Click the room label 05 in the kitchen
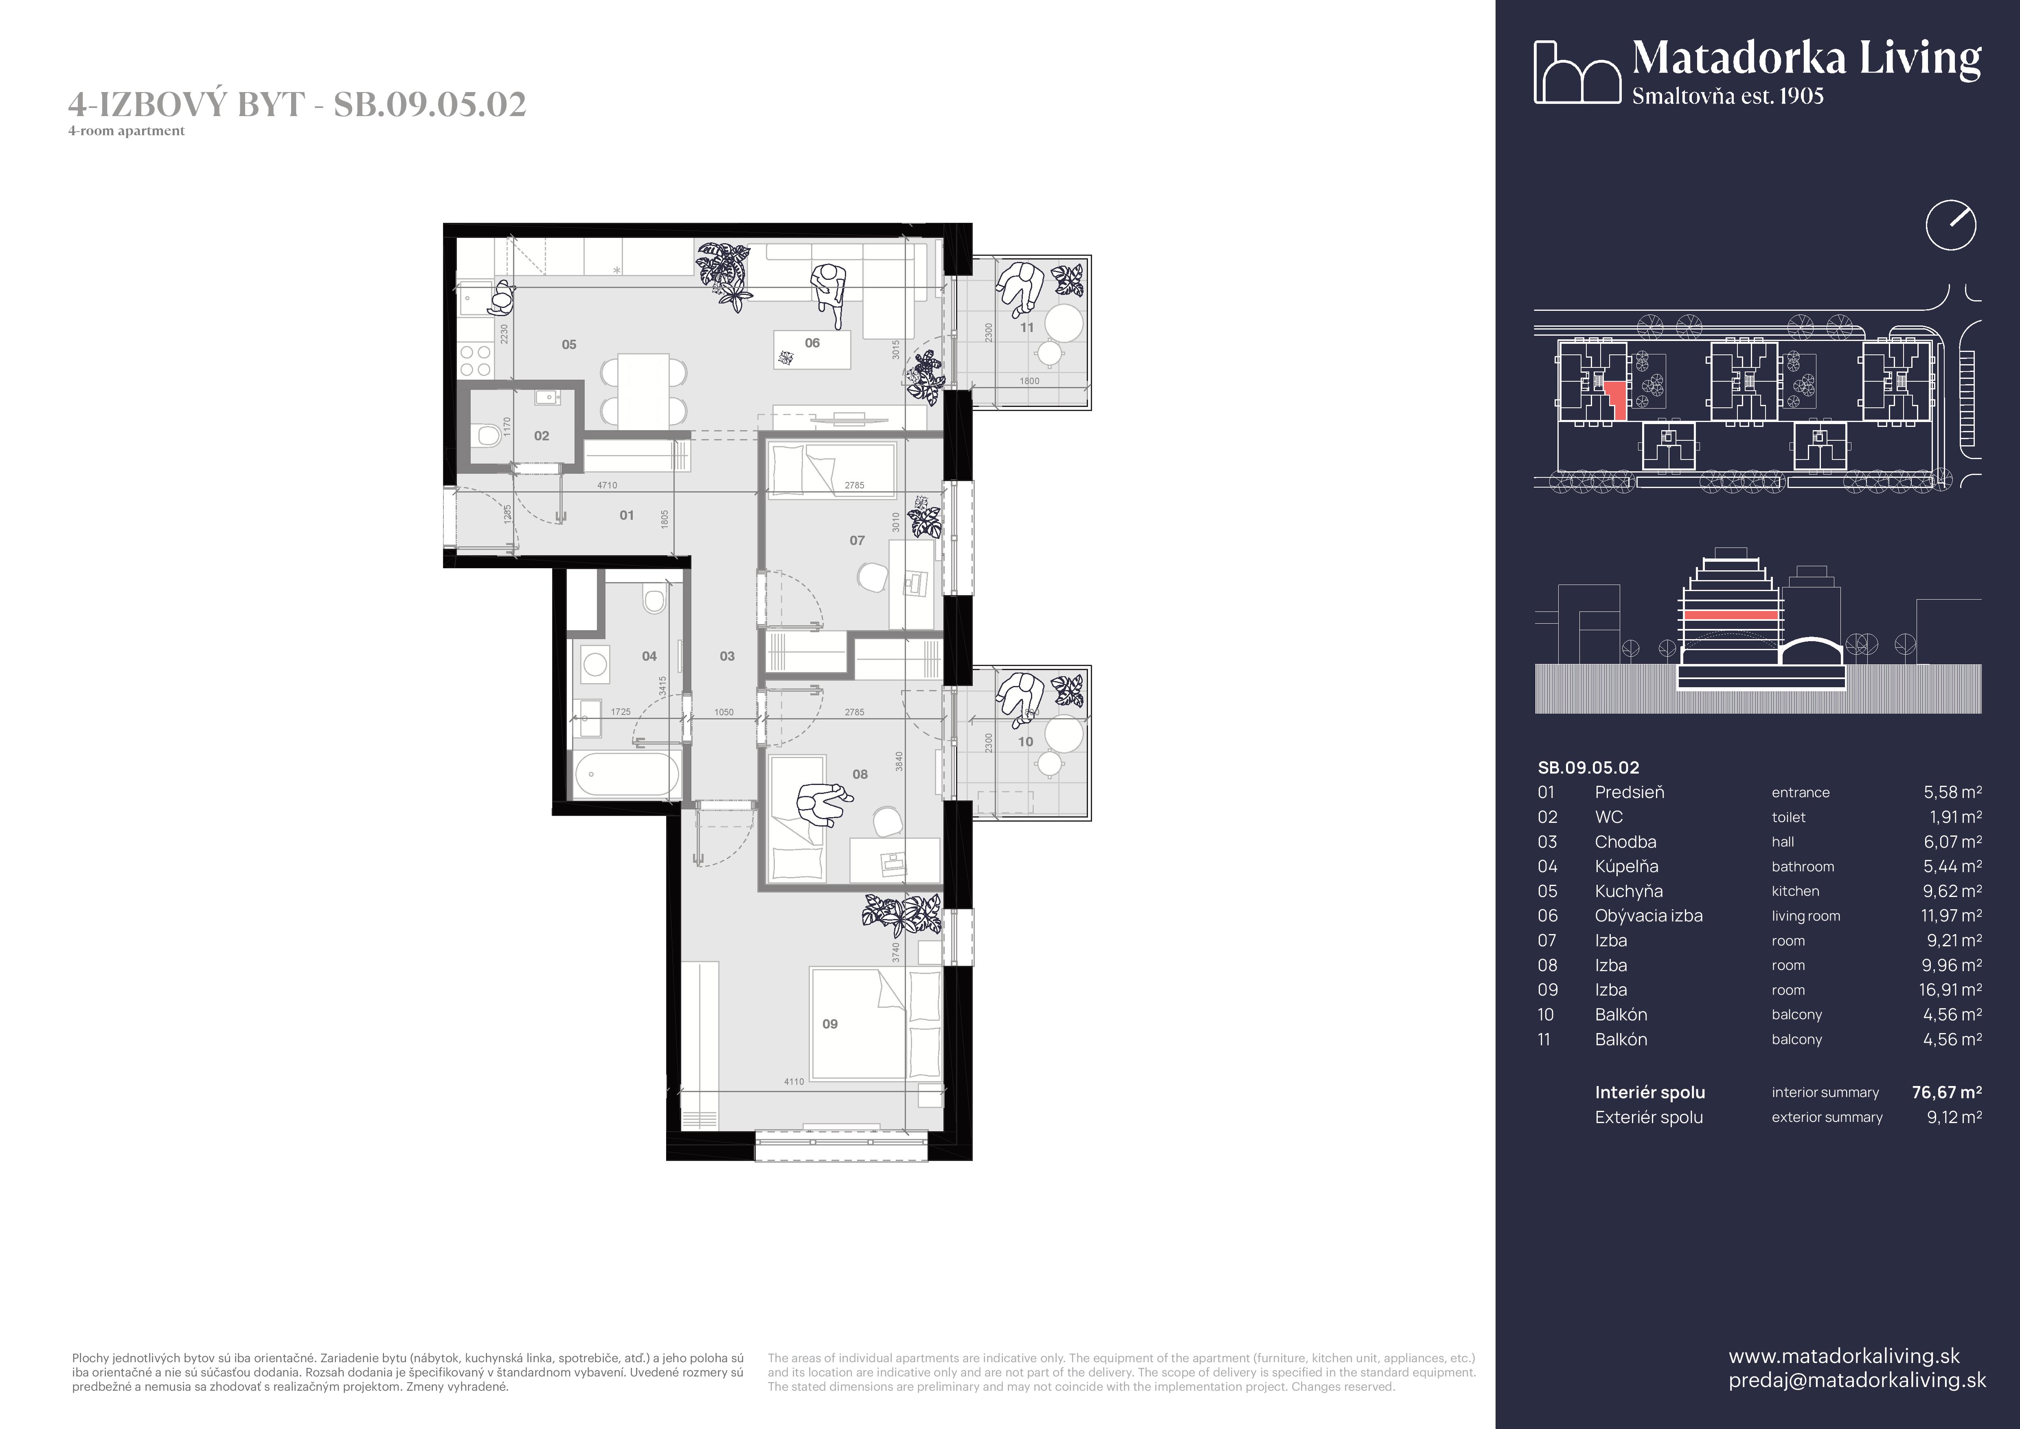(569, 345)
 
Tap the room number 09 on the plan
(830, 1024)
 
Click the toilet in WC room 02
(487, 435)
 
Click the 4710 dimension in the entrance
(607, 485)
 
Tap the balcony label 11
(1027, 328)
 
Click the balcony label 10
(1025, 742)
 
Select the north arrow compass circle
(1950, 225)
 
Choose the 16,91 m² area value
(1950, 990)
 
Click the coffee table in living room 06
(812, 350)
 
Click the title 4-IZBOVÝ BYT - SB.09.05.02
(297, 105)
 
